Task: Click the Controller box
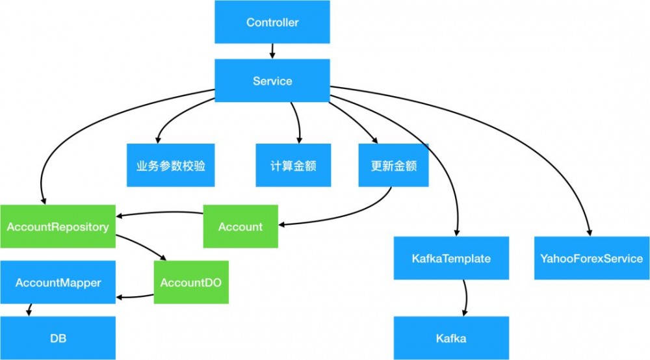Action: [x=272, y=23]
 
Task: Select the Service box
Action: [x=272, y=81]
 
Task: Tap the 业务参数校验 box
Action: [x=171, y=166]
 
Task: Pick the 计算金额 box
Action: [x=293, y=166]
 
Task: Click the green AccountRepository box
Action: [x=57, y=227]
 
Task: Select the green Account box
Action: [x=240, y=227]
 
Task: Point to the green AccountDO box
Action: [x=191, y=283]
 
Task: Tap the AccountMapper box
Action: [x=58, y=283]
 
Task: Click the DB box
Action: [x=58, y=339]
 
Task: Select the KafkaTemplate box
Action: [x=451, y=259]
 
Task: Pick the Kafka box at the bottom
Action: [x=451, y=339]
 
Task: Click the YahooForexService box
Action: [x=591, y=259]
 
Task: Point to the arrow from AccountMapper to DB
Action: [x=29, y=311]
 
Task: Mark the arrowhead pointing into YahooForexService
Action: [x=590, y=233]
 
